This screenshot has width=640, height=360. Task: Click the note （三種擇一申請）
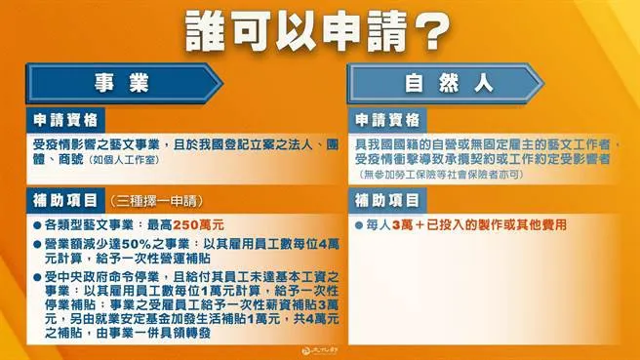(147, 204)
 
